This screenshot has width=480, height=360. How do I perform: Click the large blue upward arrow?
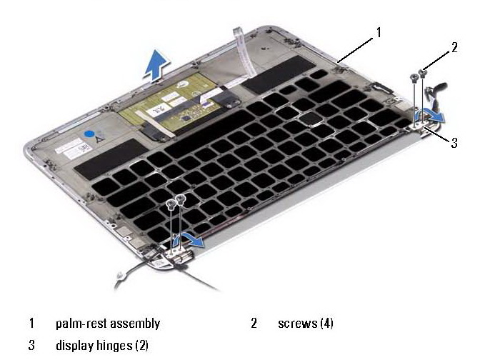[157, 65]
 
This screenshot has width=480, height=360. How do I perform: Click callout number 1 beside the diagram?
[379, 32]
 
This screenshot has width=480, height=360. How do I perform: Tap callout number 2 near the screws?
[454, 47]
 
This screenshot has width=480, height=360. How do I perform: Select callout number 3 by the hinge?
[454, 142]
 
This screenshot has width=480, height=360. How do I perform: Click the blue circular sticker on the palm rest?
[89, 134]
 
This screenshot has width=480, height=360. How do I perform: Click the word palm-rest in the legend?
[81, 324]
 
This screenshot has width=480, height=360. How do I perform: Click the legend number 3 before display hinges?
[31, 345]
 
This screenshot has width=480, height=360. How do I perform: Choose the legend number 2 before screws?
[254, 324]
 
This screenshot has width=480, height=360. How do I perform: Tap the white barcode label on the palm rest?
[74, 149]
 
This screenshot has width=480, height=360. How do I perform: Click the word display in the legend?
[75, 345]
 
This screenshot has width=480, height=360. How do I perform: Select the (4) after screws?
[326, 324]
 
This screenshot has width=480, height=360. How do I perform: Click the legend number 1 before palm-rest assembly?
[31, 324]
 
